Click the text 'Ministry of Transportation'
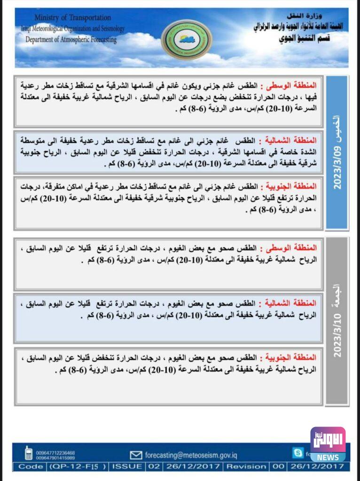(72, 17)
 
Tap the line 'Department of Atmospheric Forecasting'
(71, 39)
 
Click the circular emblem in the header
(180, 39)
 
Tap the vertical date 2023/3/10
(337, 334)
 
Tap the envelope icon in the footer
(136, 455)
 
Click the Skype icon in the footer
(297, 453)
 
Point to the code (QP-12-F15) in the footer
(77, 466)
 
